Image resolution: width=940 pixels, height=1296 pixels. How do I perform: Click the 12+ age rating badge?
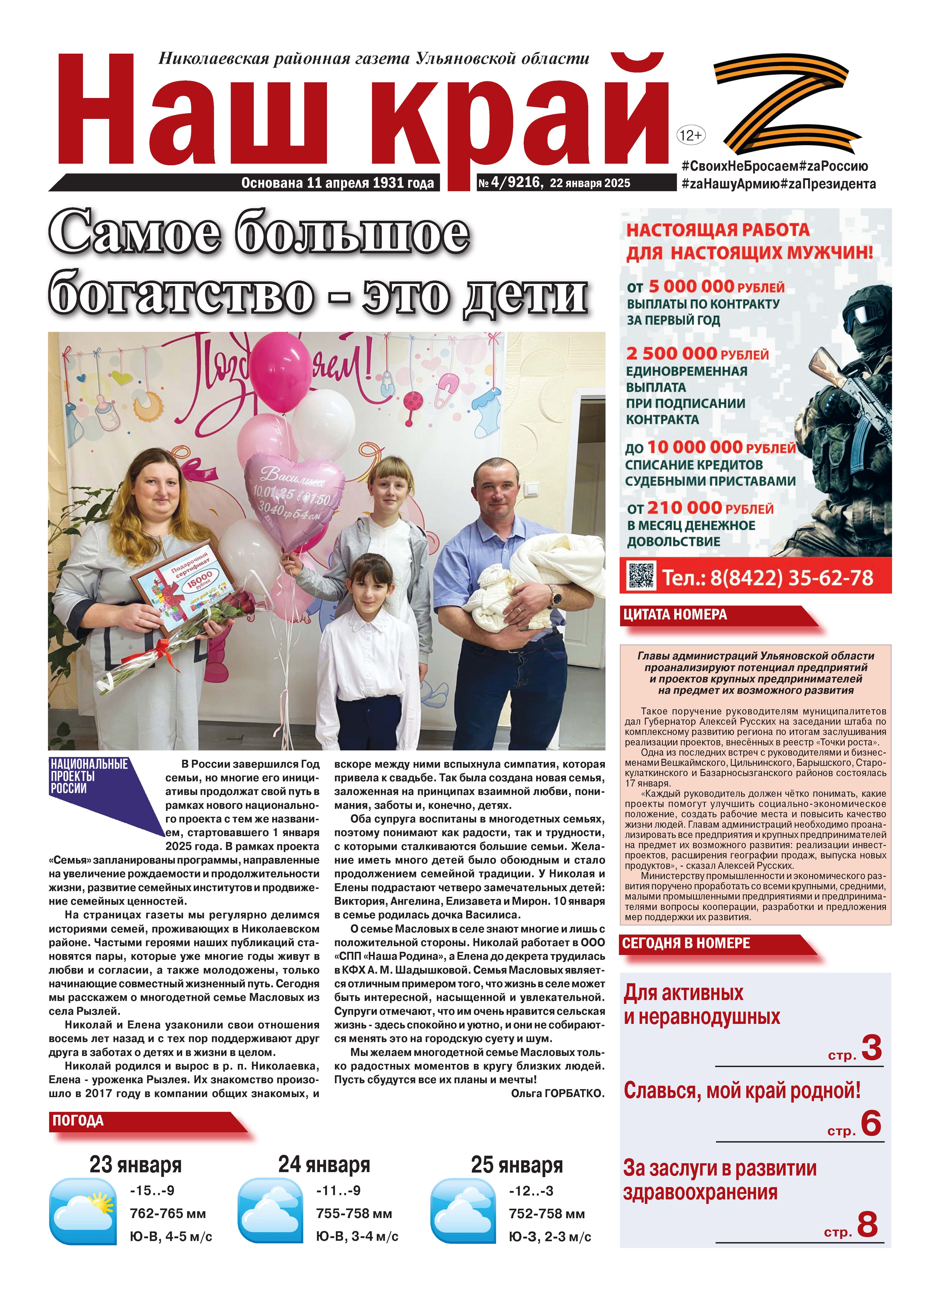pyautogui.click(x=690, y=135)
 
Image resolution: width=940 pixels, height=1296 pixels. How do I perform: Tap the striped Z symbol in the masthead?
pyautogui.click(x=787, y=104)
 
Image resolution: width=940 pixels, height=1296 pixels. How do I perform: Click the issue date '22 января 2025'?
pyautogui.click(x=590, y=183)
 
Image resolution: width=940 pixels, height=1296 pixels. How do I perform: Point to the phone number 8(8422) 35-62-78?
pyautogui.click(x=767, y=578)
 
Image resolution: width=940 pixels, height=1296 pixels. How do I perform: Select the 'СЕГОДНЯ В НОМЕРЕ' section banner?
pyautogui.click(x=686, y=943)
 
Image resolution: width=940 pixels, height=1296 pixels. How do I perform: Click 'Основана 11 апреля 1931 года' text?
pyautogui.click(x=337, y=183)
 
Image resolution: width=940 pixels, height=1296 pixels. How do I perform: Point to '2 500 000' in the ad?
pyautogui.click(x=671, y=354)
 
